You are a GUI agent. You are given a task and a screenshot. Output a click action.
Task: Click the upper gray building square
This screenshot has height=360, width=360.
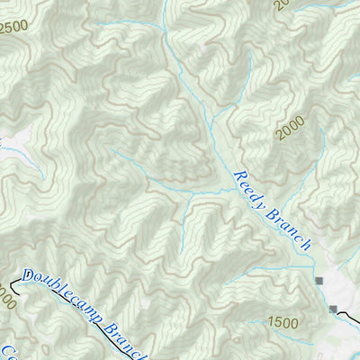319,283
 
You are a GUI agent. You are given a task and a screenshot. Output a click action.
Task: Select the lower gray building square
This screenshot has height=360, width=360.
334,310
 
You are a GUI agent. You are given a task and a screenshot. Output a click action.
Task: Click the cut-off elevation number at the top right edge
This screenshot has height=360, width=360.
282,4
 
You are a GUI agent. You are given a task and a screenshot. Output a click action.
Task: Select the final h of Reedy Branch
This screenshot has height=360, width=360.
307,245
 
